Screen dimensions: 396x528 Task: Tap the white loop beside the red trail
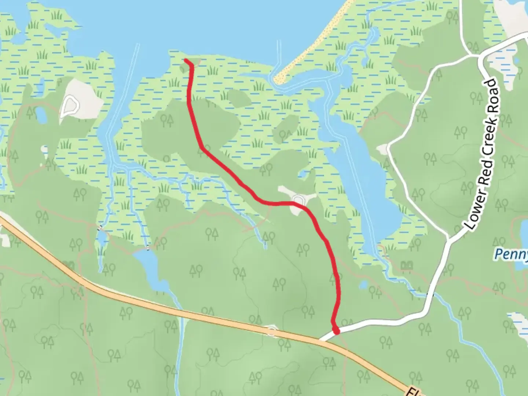click(x=298, y=199)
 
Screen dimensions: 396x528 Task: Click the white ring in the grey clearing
click(x=70, y=106)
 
